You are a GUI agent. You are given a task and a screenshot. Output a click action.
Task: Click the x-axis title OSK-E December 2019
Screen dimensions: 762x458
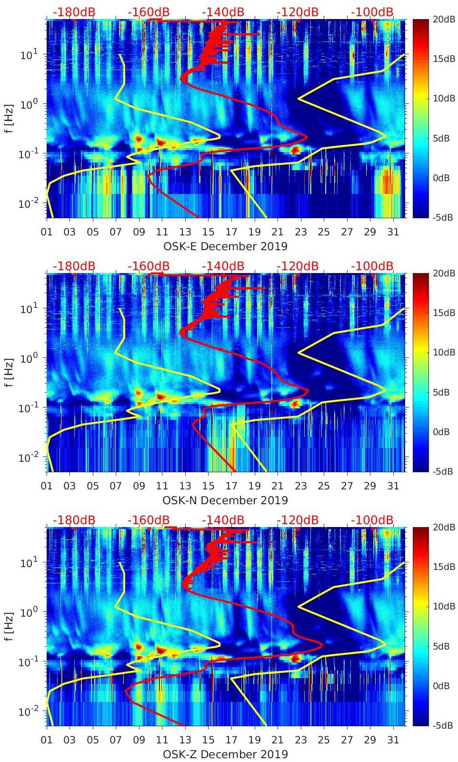point(225,246)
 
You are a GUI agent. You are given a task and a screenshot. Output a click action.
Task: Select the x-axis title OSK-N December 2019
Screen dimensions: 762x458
point(225,500)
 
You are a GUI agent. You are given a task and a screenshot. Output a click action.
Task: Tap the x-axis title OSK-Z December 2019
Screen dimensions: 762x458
point(225,754)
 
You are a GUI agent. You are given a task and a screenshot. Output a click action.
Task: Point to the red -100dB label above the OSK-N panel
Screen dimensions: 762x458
point(372,266)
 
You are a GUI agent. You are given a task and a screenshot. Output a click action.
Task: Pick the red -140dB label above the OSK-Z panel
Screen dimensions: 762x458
point(223,520)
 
